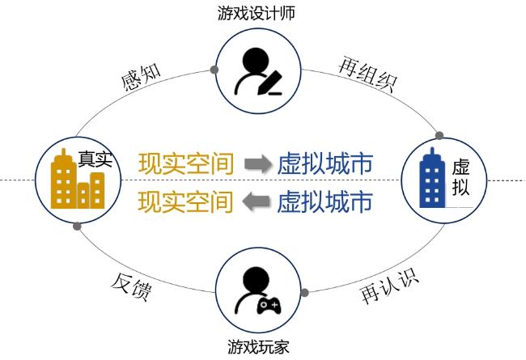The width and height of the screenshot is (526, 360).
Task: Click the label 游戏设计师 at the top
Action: [x=254, y=13]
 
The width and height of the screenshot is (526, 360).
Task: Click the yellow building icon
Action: [x=78, y=181]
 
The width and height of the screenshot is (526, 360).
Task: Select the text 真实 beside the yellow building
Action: [x=94, y=159]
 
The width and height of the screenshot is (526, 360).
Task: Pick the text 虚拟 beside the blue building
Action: [x=460, y=179]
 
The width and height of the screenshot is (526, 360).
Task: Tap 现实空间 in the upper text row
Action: [x=186, y=164]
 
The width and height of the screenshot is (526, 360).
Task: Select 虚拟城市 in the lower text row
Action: [x=325, y=200]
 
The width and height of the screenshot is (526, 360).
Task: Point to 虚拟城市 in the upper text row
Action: [x=325, y=164]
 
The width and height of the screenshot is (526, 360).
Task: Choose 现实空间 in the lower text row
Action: [x=186, y=200]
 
